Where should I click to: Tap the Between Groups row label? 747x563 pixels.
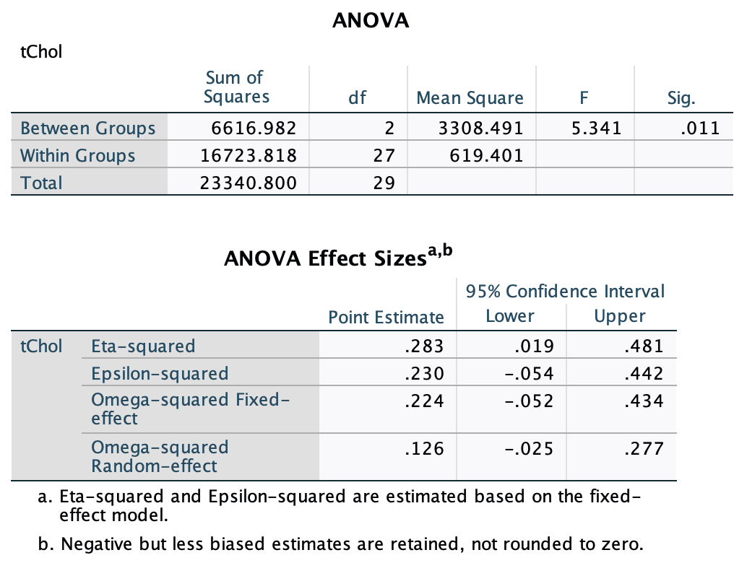88,128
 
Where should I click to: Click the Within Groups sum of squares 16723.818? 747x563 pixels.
249,156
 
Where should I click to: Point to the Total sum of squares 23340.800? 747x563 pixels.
249,183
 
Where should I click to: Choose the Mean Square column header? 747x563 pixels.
470,98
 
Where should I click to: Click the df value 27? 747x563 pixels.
385,156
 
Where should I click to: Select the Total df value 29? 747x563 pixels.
385,183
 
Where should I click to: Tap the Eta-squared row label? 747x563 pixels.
143,346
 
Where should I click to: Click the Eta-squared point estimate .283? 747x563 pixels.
426,346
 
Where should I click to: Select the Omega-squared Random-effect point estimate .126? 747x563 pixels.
426,449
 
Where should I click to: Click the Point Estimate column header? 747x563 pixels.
386,317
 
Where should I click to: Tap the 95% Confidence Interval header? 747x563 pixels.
565,292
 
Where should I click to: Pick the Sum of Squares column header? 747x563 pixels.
236,87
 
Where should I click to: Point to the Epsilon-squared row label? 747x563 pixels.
160,374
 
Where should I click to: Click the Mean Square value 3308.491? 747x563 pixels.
480,128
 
